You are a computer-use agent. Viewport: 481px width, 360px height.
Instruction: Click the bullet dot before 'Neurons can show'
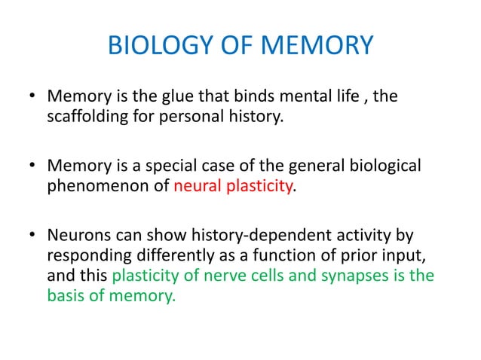point(32,233)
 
